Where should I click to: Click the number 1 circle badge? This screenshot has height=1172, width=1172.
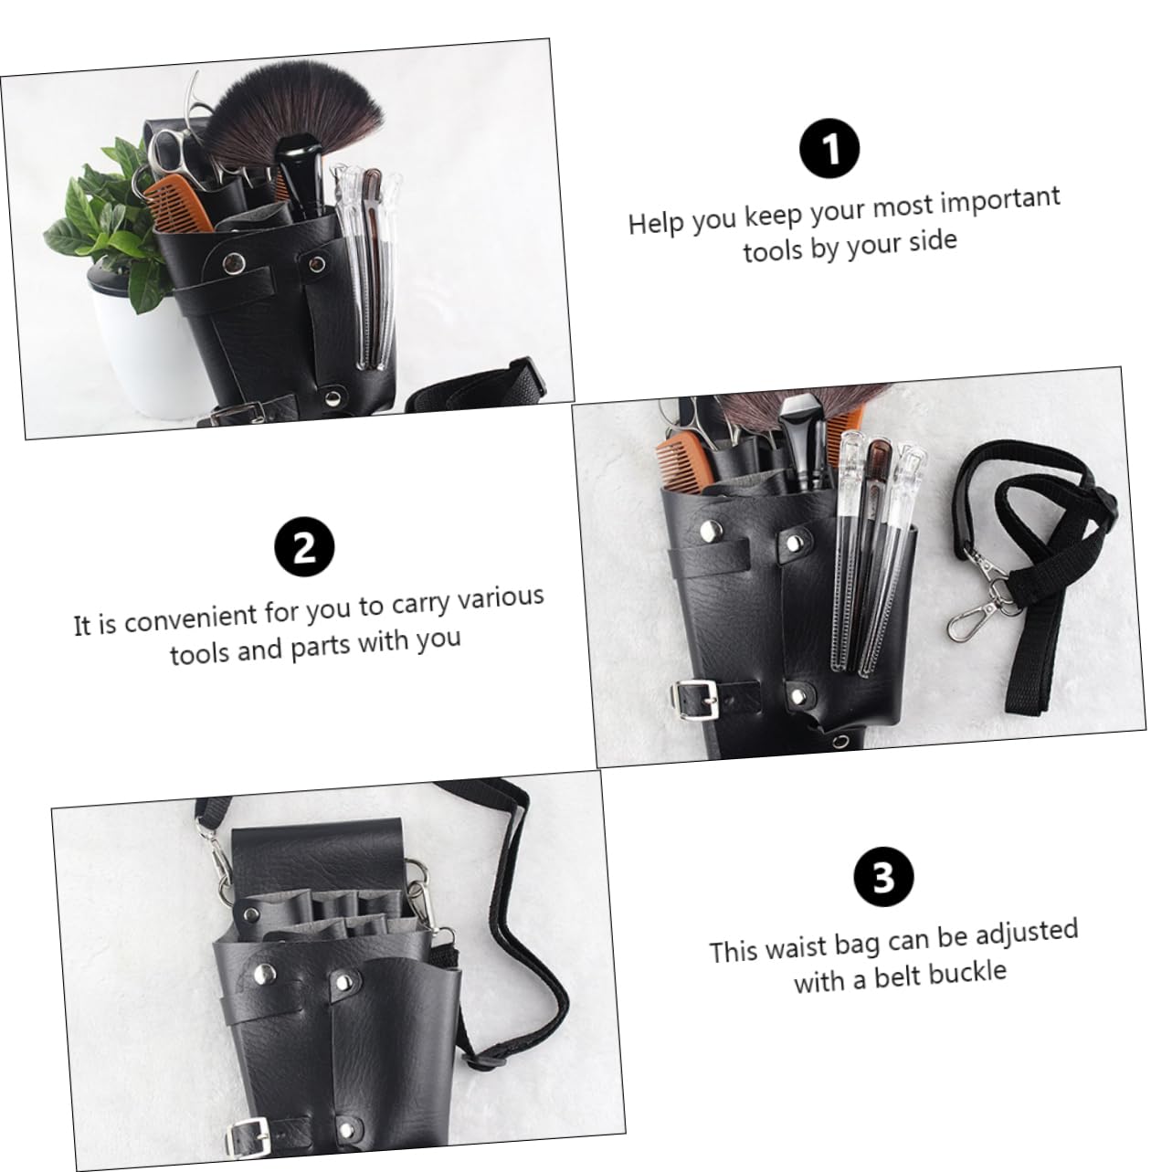[829, 150]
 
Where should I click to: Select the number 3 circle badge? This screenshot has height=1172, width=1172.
[882, 876]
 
